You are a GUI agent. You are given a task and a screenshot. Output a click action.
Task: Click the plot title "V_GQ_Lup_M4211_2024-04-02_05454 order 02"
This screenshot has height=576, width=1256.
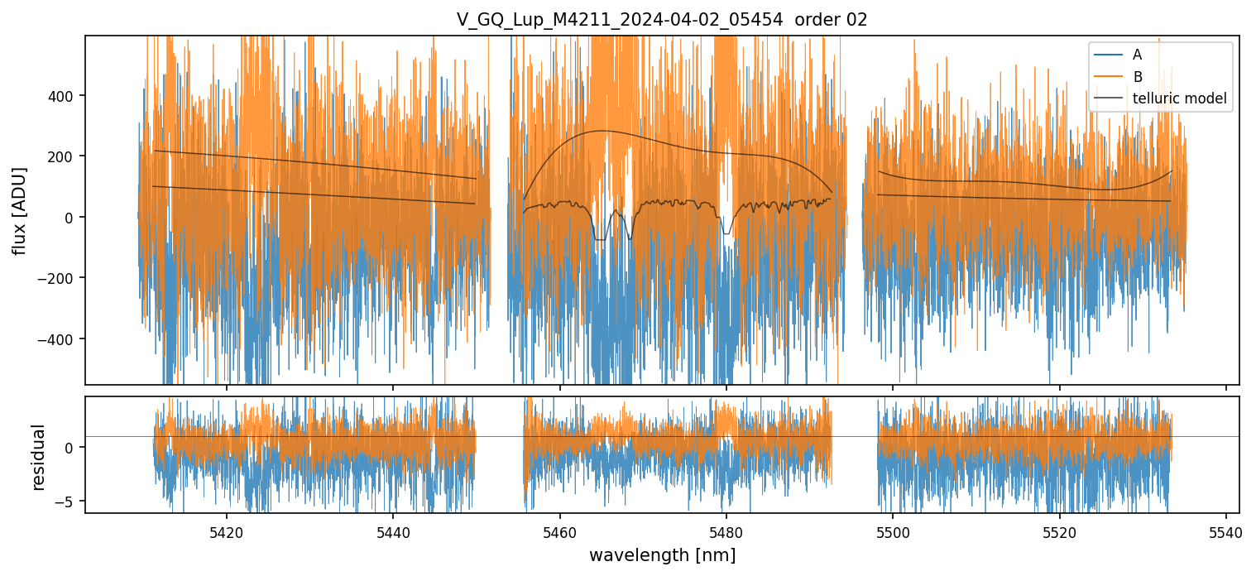661,20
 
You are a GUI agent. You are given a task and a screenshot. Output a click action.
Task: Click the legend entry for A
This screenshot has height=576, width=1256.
1137,55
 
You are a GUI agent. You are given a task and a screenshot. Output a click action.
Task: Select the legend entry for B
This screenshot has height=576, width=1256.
1137,77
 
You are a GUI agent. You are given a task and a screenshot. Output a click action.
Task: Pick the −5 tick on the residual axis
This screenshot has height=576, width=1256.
69,502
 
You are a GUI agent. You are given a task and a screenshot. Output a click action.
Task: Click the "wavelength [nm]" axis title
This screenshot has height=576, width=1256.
661,554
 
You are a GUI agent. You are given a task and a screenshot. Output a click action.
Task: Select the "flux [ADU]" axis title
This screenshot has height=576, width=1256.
20,210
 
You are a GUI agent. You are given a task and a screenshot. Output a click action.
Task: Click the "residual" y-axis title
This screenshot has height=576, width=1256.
38,457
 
